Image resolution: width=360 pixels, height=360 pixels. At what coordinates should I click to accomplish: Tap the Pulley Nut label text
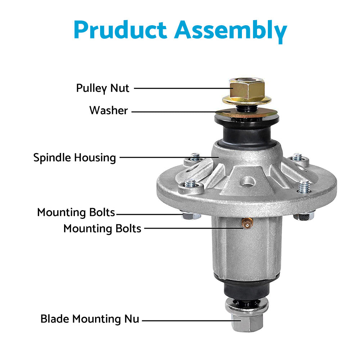coord(103,88)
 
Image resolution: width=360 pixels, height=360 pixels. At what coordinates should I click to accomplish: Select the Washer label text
coord(108,110)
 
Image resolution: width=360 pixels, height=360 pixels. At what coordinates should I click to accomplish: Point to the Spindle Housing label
coord(75,157)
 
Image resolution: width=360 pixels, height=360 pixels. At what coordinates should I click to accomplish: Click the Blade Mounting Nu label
coord(90,319)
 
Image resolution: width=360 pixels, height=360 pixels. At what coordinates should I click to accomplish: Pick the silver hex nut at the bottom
coord(247,323)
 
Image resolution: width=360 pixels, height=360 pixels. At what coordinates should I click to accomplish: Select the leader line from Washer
coord(176,112)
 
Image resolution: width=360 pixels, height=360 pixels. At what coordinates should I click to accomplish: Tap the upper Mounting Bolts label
coord(76,212)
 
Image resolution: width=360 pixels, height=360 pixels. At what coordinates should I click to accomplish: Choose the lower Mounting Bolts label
coord(102,228)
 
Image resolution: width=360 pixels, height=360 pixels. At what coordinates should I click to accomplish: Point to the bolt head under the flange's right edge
coord(303,216)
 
